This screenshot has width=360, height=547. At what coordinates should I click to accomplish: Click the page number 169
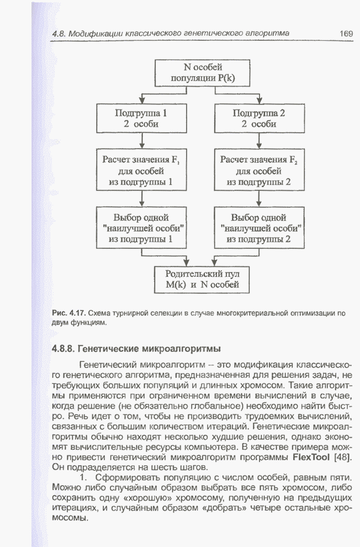(346, 34)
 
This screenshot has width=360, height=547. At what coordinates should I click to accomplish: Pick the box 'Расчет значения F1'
(141, 171)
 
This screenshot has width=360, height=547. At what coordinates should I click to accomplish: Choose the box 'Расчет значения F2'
(259, 171)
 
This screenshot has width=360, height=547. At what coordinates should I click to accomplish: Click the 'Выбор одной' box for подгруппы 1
(141, 228)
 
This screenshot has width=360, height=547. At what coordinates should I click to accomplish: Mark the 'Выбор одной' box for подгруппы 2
(259, 228)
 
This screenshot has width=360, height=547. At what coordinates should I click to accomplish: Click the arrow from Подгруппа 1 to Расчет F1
(141, 141)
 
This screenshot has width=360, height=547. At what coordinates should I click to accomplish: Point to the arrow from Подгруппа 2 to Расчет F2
(259, 141)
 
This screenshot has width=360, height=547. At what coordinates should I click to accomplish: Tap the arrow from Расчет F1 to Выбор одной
(141, 199)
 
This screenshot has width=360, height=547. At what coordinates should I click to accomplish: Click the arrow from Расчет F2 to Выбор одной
(259, 199)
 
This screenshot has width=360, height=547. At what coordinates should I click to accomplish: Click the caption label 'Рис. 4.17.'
(68, 313)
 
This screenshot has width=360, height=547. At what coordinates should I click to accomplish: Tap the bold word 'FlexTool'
(313, 458)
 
